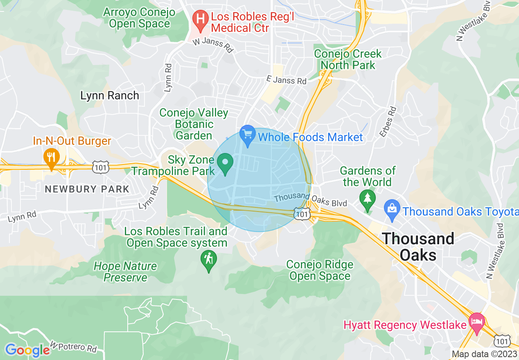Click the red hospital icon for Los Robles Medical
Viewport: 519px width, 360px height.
(200, 20)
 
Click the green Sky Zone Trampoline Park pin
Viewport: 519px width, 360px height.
(225, 163)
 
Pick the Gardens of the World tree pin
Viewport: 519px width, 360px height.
(367, 200)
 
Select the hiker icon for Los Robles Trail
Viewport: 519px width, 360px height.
(209, 260)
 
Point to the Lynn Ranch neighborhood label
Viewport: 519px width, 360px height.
(110, 96)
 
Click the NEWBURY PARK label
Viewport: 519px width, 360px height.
(87, 189)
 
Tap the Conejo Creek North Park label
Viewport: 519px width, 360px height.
(348, 59)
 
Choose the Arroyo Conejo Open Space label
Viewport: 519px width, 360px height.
(139, 18)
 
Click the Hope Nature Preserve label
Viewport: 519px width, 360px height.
(125, 272)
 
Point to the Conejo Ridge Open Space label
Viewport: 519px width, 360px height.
(320, 270)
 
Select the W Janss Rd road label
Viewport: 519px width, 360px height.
(212, 45)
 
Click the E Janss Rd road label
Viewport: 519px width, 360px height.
(287, 80)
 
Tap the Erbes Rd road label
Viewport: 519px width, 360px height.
(388, 122)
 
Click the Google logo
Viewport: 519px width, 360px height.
(27, 350)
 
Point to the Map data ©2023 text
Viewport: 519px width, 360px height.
(484, 354)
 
